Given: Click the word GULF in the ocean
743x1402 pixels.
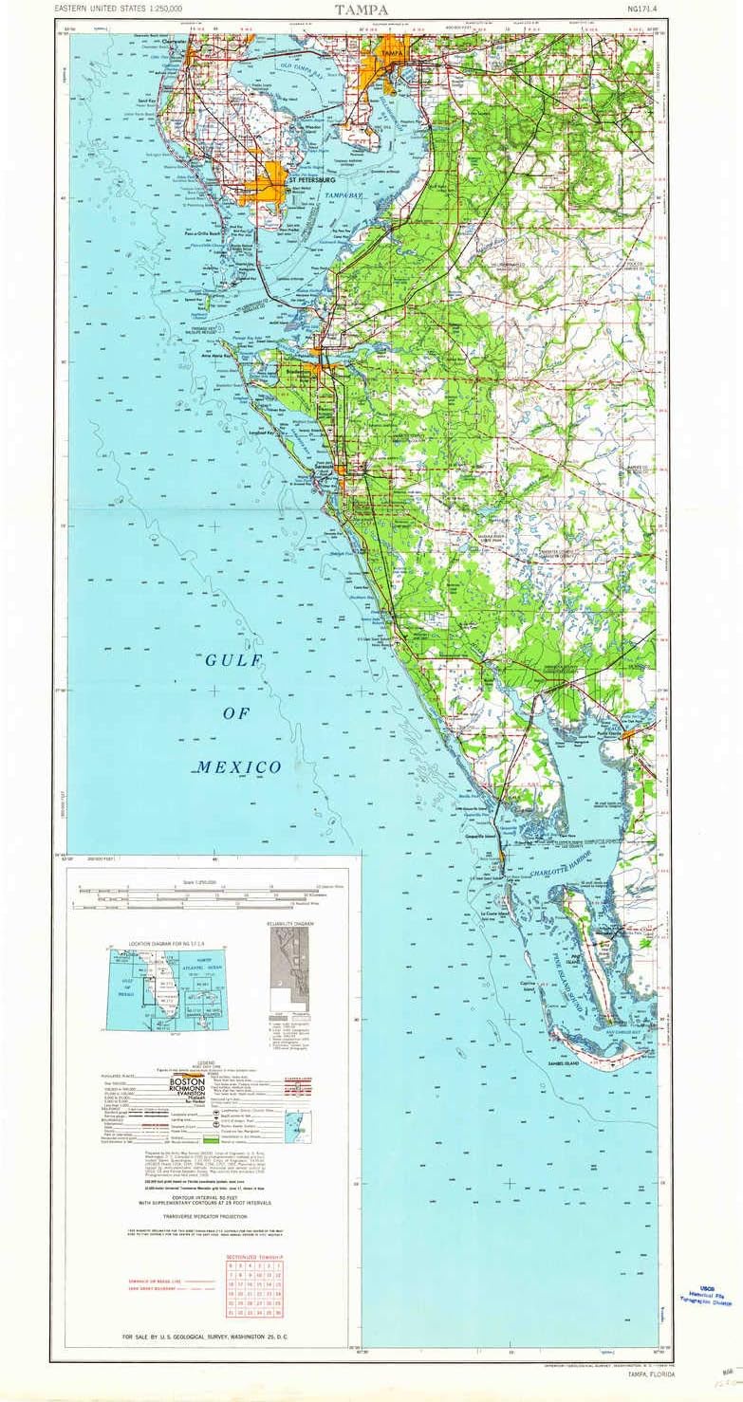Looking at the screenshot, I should (228, 661).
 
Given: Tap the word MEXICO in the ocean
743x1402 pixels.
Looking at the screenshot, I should (239, 766).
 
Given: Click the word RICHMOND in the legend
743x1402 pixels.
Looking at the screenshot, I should (187, 1091).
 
